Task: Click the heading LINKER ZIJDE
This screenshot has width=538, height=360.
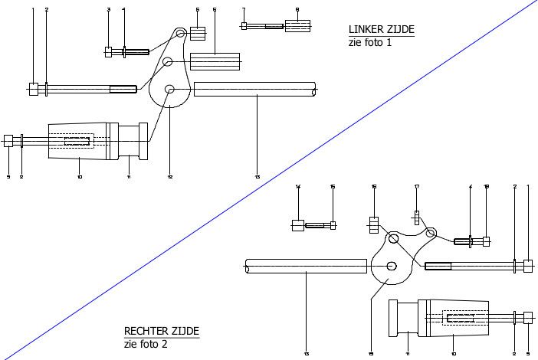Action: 381,30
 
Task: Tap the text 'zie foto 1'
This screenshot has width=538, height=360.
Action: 369,43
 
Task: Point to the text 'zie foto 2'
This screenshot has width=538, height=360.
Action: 145,344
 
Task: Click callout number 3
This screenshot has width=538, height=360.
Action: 108,10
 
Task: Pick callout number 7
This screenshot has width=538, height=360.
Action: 243,10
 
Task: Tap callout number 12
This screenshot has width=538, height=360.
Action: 169,177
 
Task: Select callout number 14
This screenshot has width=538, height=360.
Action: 298,187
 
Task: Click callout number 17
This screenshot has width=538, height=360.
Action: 417,187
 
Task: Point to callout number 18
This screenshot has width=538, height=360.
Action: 486,187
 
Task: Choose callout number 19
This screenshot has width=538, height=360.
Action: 370,353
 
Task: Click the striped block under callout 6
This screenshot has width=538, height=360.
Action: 215,61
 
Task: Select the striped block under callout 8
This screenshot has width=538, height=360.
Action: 297,26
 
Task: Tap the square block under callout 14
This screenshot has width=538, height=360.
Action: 298,225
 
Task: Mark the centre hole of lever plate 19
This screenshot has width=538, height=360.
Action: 392,266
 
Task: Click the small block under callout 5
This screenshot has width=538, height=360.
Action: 198,34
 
